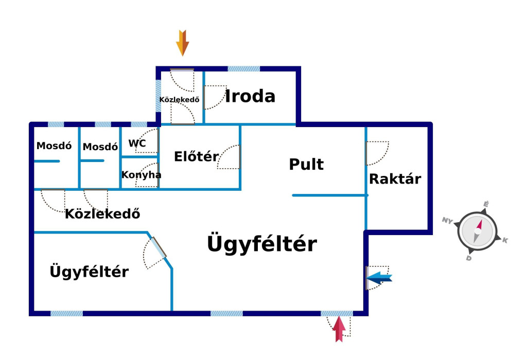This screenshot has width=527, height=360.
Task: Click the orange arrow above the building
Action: coord(183,43)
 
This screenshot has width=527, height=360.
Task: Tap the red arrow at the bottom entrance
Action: coord(339,329)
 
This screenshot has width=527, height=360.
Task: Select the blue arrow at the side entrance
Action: coord(380,278)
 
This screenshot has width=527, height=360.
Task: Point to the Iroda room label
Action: coord(250,96)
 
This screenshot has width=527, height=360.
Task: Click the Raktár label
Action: coord(395,179)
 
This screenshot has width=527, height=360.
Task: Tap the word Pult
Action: coord(306,165)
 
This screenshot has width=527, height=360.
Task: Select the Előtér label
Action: coord(196,156)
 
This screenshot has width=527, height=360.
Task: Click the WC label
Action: coord(137,143)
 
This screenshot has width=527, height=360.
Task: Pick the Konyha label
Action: coord(141,175)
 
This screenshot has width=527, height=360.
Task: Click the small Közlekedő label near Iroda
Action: coord(179,99)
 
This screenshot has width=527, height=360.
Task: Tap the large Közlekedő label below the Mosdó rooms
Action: coord(102,214)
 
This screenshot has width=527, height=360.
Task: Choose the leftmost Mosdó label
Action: coord(54,146)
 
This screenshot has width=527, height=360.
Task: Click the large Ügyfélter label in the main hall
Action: coord(261,244)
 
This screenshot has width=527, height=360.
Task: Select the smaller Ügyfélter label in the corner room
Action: coord(89,272)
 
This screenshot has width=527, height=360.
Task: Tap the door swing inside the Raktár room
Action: coord(377,153)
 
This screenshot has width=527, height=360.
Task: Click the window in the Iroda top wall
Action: coord(243,68)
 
